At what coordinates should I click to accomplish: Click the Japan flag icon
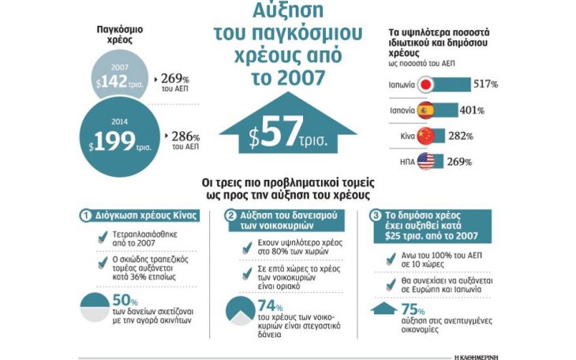pos(426,84)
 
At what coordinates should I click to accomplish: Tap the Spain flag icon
pos(426,111)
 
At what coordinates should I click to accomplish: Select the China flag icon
pos(426,136)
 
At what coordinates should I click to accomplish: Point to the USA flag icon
pos(426,161)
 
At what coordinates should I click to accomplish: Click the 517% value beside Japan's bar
pos(485,84)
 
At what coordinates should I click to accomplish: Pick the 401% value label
pos(472,110)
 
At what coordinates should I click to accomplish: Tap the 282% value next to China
pos(461,136)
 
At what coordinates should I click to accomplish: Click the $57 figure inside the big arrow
pos(276,133)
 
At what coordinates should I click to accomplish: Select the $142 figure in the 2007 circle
pos(112,81)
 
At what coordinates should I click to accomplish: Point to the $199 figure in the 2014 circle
pos(112,141)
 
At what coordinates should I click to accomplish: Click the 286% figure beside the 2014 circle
pos(185,137)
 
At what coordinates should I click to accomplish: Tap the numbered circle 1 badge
pos(85,216)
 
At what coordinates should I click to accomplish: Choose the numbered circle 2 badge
pos(230,216)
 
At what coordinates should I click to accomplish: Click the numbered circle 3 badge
pos(376,216)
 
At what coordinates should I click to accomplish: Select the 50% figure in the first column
pos(125,301)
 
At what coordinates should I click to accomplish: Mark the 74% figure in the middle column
pos(270,306)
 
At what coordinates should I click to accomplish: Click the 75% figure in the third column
pos(413,309)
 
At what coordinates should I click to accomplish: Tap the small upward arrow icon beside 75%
pos(384,308)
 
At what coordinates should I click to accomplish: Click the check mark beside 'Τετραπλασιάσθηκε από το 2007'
pos(103,237)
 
